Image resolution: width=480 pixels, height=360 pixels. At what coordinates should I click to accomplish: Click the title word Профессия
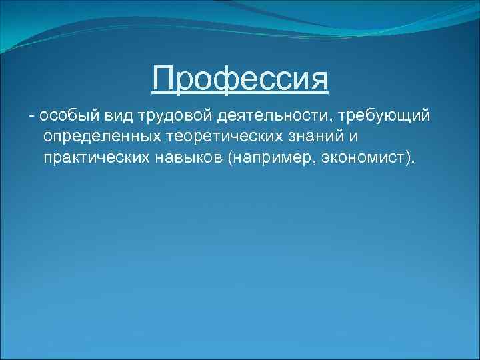pos(240,79)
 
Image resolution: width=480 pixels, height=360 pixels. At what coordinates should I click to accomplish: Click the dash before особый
pos(31,117)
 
